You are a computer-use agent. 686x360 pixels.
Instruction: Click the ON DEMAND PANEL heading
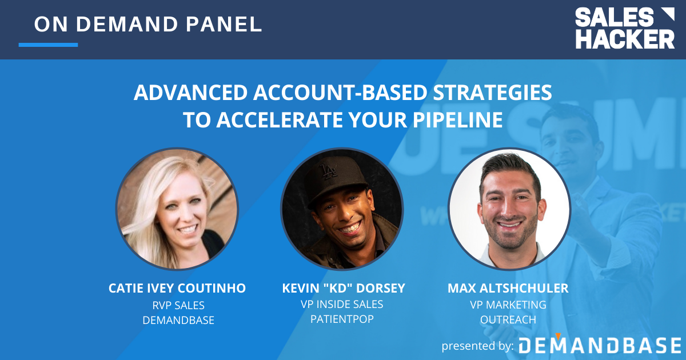[148, 24]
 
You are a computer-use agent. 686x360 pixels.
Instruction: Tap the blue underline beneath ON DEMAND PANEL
[48, 45]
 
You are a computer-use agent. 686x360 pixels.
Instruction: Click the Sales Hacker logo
[624, 28]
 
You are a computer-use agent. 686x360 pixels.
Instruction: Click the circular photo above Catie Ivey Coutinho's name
[177, 209]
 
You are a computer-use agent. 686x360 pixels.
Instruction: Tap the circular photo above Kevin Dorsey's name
[342, 209]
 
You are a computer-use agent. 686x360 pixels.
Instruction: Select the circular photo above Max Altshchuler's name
[509, 209]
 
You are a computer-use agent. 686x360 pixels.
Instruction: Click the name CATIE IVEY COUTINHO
[177, 289]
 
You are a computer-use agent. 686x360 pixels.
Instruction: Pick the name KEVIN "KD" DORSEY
[343, 289]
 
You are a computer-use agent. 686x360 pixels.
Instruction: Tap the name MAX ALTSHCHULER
[508, 289]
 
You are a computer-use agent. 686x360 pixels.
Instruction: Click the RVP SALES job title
[178, 305]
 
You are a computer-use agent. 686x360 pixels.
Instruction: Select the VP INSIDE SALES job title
[342, 305]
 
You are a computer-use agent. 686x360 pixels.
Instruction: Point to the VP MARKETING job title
[508, 305]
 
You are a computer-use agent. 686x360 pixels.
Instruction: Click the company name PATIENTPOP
[342, 319]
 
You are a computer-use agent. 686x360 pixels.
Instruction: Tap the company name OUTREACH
[508, 320]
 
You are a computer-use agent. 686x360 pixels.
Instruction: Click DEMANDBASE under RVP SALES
[178, 321]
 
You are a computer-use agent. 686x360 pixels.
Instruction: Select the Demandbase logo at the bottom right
[600, 345]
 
